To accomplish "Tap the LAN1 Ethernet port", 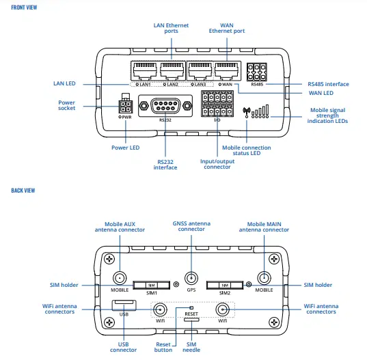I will (144, 70).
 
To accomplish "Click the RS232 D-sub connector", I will (165, 105).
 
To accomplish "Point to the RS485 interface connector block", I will (257, 72).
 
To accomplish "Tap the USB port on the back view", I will (124, 303).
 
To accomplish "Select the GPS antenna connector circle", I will (191, 279).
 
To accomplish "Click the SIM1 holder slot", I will (152, 284).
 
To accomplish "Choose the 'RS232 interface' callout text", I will (166, 165).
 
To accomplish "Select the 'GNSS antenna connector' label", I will (191, 227).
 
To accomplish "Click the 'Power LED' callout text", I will (125, 147).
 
